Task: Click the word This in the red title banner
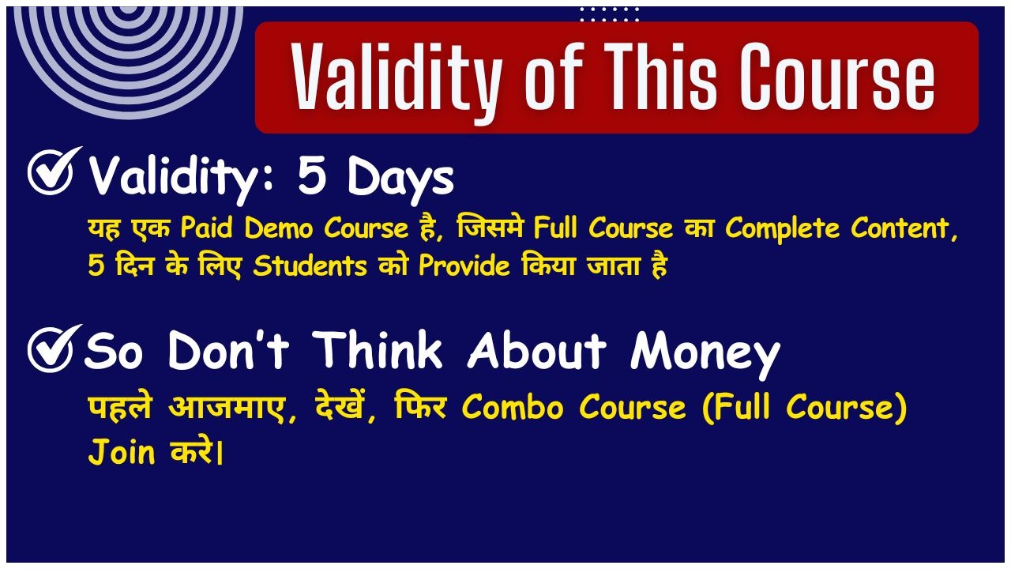tap(660, 77)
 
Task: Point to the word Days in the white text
tap(400, 179)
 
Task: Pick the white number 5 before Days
tap(312, 175)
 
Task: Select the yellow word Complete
tap(783, 229)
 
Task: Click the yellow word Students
tap(310, 266)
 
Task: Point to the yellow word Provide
tap(464, 266)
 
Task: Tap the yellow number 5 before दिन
tap(96, 265)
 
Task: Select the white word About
tap(537, 350)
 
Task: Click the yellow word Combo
tap(513, 407)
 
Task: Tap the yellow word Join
tap(121, 451)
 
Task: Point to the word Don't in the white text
tap(228, 350)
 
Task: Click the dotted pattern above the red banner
tap(609, 14)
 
